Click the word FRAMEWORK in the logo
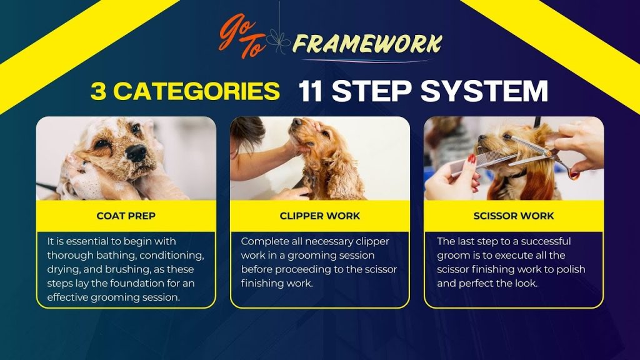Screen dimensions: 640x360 367,44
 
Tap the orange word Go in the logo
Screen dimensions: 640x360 237,30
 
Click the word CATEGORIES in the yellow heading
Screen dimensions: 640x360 196,91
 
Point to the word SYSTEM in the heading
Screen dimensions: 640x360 484,91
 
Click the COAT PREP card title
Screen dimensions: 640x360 126,216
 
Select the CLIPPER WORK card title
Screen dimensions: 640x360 320,216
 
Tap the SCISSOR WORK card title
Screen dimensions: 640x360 514,216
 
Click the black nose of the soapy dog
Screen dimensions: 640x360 136,152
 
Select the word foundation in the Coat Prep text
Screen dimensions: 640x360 137,283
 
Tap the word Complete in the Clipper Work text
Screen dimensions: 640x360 259,242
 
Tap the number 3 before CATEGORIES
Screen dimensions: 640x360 98,91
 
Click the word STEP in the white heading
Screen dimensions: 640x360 371,91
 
